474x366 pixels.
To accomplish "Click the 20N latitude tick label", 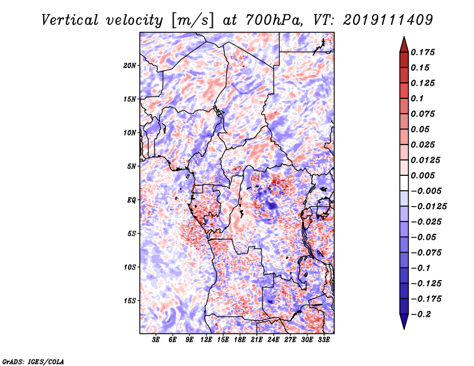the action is click(129, 66).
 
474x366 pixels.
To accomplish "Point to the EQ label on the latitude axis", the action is click(132, 200).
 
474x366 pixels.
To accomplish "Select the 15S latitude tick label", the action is click(129, 301).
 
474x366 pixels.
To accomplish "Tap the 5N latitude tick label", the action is click(132, 166).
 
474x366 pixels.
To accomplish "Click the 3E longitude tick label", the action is click(156, 340).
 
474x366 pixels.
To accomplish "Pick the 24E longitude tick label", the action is click(273, 340).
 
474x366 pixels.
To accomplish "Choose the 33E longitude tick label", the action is click(324, 340).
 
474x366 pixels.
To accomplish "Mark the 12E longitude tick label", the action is click(206, 340).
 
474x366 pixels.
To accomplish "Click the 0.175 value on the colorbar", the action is click(422, 52).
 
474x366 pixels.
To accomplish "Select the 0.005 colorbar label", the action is click(422, 175).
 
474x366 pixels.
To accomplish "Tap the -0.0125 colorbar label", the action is click(428, 207).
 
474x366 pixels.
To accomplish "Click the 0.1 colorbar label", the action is click(417, 98).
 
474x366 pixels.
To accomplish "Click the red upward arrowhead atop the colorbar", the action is click(404, 44).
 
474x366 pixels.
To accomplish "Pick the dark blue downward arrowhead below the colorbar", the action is click(404, 321).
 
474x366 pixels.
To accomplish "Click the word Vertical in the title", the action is click(70, 20).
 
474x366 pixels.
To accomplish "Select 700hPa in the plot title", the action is click(274, 20).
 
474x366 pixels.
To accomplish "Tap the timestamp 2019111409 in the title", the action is click(388, 20).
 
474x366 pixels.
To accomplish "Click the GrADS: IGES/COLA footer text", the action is click(33, 361).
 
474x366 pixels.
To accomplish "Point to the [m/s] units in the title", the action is click(193, 20).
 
